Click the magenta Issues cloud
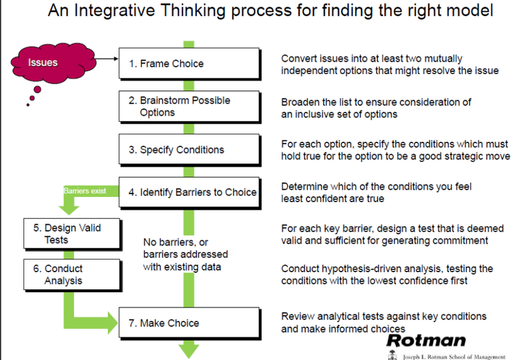tap(53, 63)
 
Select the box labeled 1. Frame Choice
tap(190, 63)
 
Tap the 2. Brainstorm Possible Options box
tap(190, 106)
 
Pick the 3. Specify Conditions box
tap(190, 150)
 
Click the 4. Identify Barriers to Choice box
tap(190, 193)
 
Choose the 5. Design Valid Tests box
tap(72, 234)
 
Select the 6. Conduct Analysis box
tap(72, 275)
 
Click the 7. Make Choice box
tap(190, 323)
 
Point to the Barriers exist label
tap(85, 191)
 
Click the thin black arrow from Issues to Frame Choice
tap(107, 59)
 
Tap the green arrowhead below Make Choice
tap(189, 351)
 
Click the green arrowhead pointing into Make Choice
tap(113, 323)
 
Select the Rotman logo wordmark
tap(427, 341)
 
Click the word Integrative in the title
tap(114, 10)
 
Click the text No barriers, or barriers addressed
tap(186, 248)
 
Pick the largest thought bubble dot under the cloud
tap(37, 89)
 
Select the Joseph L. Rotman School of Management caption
tap(454, 357)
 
